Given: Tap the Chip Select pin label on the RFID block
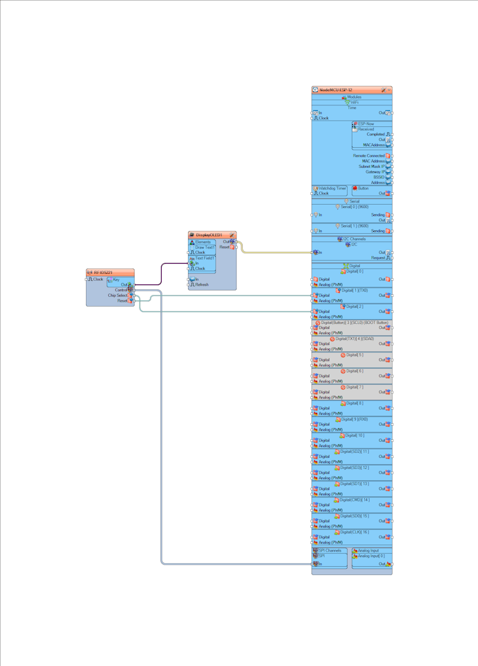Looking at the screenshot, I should [x=117, y=296].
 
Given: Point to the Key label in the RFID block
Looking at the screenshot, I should [x=117, y=279].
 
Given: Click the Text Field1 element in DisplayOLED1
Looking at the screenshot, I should [x=206, y=258].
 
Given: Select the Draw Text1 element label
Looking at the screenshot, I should [x=205, y=247].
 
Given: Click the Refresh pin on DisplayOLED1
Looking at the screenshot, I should [x=202, y=284].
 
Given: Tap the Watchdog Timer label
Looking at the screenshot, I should [x=332, y=188].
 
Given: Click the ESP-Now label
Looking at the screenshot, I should [x=366, y=123].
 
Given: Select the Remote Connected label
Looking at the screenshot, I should [x=368, y=156].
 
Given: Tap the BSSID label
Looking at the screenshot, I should [x=378, y=177].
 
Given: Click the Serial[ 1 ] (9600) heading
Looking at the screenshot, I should [x=355, y=225].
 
